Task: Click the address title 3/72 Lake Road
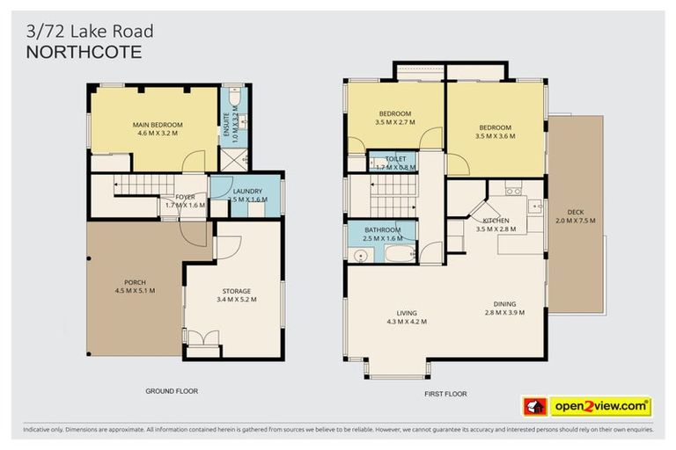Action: click(90, 32)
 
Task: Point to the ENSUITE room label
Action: click(225, 122)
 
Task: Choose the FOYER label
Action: click(185, 197)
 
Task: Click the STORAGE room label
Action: click(236, 291)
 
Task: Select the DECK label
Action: click(577, 211)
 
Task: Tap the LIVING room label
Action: click(407, 313)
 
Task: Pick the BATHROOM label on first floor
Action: click(382, 229)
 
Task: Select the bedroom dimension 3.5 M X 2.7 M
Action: click(394, 122)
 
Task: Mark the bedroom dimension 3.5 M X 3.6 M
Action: click(493, 136)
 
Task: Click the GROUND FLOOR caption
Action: click(172, 390)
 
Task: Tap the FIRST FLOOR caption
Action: click(444, 394)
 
